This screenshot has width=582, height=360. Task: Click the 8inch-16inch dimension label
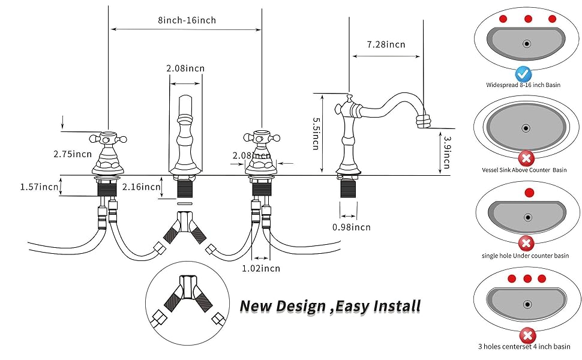point(187,20)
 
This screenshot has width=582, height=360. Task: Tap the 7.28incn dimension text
point(386,44)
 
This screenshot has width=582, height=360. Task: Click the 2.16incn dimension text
point(142,187)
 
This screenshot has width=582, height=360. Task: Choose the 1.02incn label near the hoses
point(260,268)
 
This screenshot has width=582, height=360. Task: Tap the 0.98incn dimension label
point(351,227)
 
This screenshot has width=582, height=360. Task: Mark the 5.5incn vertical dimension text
point(316,133)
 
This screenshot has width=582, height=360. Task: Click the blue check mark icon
point(523,74)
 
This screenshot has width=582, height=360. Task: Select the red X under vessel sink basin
point(526,159)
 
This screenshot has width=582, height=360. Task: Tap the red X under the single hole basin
point(526,243)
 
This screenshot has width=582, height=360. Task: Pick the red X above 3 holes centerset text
point(527,335)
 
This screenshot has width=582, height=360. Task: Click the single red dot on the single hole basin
point(529,193)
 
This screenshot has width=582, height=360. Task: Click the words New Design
point(282,306)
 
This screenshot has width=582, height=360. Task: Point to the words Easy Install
point(378,306)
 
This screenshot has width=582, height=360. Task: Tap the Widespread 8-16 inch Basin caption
point(523,85)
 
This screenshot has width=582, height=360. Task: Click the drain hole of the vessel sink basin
point(526,128)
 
